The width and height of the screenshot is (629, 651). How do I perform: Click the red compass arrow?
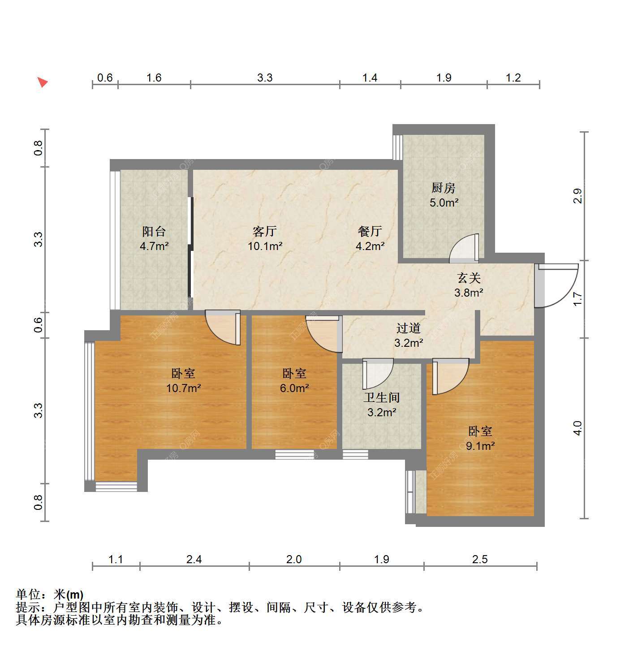tap(42, 82)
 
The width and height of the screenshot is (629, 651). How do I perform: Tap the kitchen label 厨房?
tap(444, 188)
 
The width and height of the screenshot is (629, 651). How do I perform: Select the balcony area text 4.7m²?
tap(154, 246)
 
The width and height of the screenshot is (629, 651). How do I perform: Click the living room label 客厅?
tap(265, 231)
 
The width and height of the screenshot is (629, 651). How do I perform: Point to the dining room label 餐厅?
tap(370, 231)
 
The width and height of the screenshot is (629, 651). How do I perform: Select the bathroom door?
tap(378, 374)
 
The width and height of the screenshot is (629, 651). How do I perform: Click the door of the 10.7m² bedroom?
tap(223, 328)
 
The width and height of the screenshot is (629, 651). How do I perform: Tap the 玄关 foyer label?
tap(469, 278)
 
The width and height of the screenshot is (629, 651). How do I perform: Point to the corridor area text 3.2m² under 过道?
tap(409, 343)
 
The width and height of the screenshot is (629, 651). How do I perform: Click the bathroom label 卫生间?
tap(382, 397)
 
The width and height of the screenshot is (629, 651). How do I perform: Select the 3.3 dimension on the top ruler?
tap(265, 78)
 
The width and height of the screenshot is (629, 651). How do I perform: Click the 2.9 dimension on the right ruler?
tap(578, 196)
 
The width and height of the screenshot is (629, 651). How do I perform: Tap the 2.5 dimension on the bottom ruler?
tap(480, 559)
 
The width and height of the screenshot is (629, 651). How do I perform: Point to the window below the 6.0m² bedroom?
tap(295, 455)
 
